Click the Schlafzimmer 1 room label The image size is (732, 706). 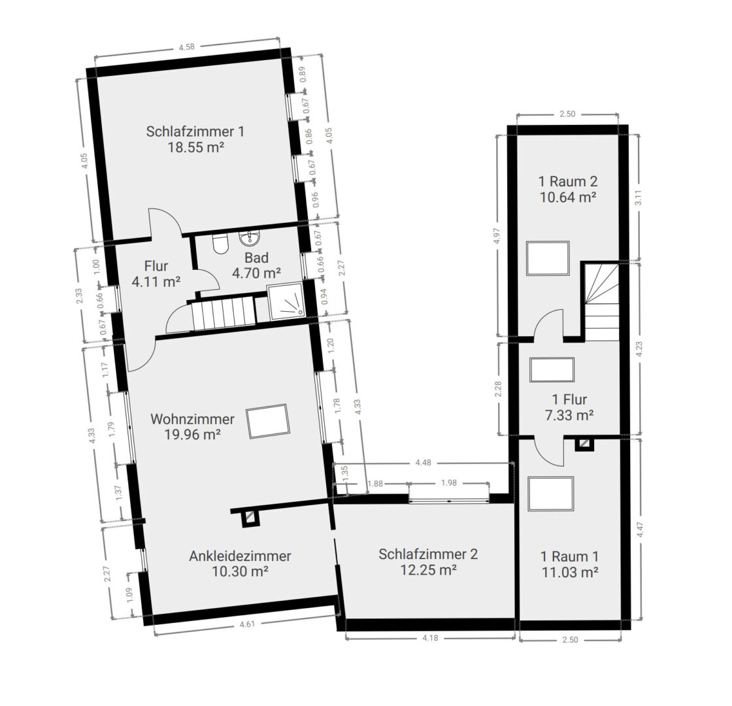click(195, 131)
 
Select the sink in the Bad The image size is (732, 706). click(250, 238)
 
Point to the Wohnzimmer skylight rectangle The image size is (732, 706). click(268, 421)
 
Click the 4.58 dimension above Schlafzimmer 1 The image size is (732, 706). click(187, 46)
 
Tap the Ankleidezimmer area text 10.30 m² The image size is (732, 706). click(240, 571)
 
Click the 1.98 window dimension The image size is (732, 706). click(448, 483)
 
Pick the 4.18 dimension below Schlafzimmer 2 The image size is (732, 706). click(430, 637)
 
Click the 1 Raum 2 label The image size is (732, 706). click(568, 181)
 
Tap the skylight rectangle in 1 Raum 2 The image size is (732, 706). click(548, 258)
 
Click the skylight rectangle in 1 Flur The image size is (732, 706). click(552, 370)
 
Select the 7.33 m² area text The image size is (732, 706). click(569, 415)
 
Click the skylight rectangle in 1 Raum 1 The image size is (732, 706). click(551, 494)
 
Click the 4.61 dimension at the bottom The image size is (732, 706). click(247, 624)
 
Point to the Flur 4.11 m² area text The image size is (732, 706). click(156, 282)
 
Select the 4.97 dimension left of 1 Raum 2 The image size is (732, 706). click(497, 236)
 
